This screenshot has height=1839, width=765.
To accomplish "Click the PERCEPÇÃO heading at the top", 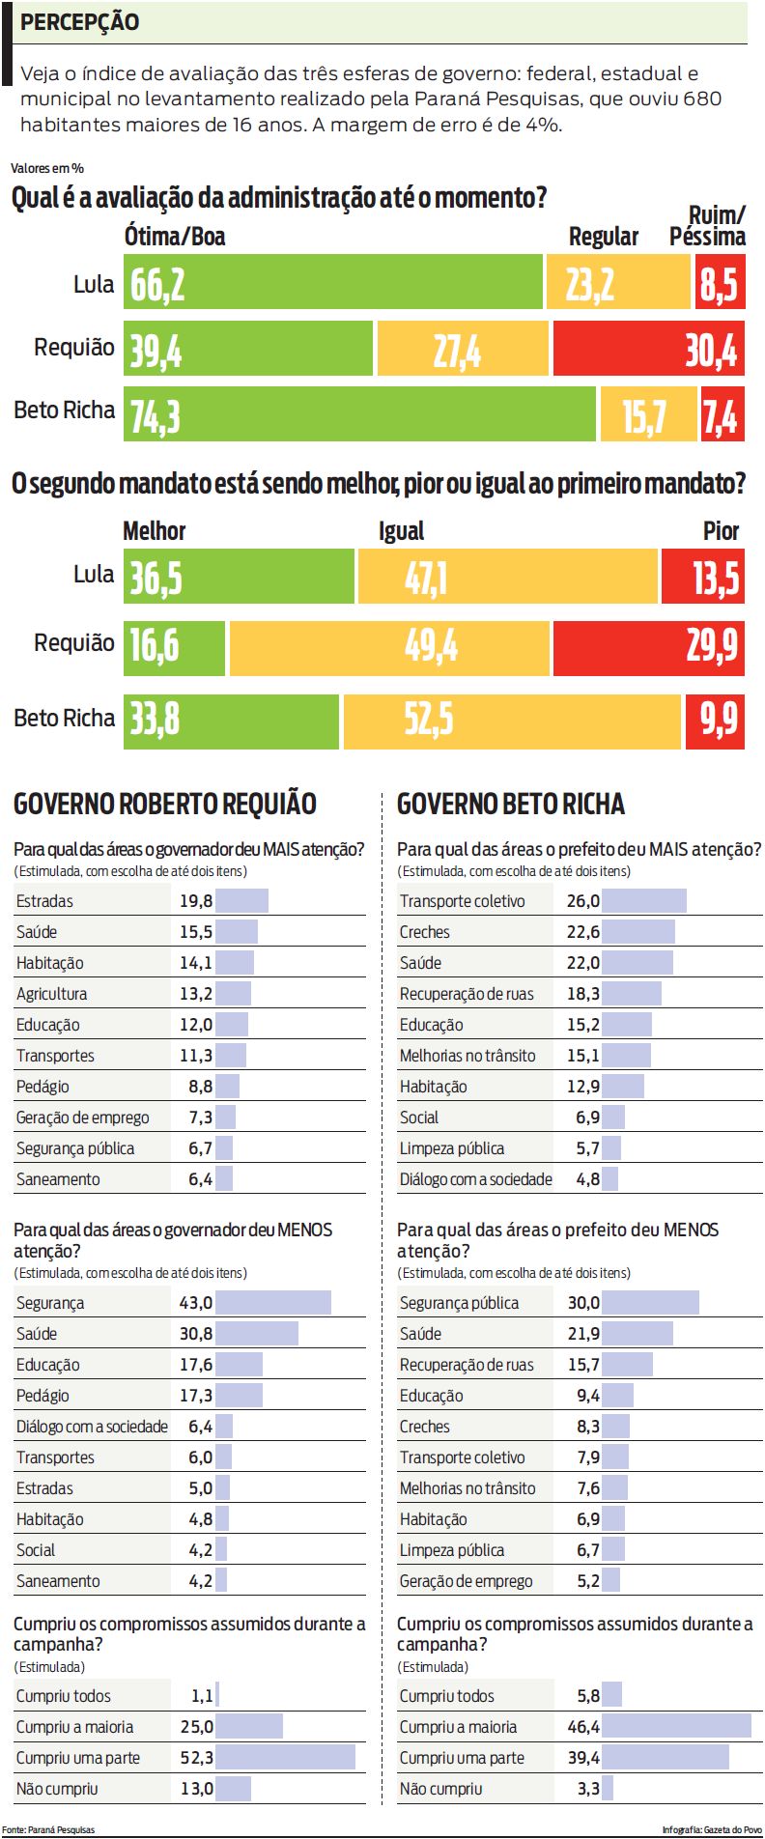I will pyautogui.click(x=79, y=22).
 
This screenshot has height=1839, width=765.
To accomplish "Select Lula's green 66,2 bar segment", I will pyautogui.click(x=333, y=282).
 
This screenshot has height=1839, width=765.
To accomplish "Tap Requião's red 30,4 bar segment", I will pyautogui.click(x=648, y=348).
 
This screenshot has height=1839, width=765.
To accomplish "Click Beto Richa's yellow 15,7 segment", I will pyautogui.click(x=648, y=414).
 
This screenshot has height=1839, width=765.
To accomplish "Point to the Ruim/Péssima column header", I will pyautogui.click(x=707, y=226).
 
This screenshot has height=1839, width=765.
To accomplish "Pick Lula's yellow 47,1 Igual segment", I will pyautogui.click(x=508, y=577).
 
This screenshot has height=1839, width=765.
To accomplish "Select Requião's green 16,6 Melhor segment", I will pyautogui.click(x=174, y=646).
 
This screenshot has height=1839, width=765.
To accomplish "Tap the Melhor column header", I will pyautogui.click(x=155, y=530).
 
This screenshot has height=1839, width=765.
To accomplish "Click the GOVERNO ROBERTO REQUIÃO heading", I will pyautogui.click(x=165, y=804).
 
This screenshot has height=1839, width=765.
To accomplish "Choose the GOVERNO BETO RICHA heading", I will pyautogui.click(x=511, y=804).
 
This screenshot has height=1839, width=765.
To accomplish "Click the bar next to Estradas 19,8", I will pyautogui.click(x=241, y=901).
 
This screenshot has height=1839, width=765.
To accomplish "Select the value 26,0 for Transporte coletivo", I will pyautogui.click(x=582, y=901).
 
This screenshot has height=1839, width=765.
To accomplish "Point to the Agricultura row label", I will pyautogui.click(x=52, y=994).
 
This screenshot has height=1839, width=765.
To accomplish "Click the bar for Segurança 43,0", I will pyautogui.click(x=273, y=1303).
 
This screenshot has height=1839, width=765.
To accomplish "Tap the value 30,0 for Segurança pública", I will pyautogui.click(x=582, y=1303).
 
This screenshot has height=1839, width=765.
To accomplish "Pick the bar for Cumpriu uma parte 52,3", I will pyautogui.click(x=286, y=1757).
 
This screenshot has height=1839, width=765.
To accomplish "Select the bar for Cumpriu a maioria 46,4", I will pyautogui.click(x=676, y=1726).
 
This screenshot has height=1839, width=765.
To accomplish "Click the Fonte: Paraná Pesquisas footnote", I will pyautogui.click(x=48, y=1830).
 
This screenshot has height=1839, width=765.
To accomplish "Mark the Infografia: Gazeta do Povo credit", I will pyautogui.click(x=711, y=1830).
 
